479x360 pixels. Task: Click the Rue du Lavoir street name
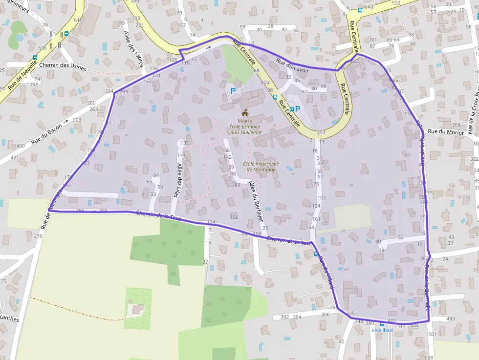click(292, 66)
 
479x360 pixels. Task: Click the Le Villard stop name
click(382, 330)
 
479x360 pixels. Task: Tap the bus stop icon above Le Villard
click(382, 324)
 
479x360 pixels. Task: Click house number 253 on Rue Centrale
click(321, 133)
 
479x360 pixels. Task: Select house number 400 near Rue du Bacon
click(21, 146)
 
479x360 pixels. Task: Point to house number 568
click(429, 357)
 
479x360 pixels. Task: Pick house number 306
click(325, 315)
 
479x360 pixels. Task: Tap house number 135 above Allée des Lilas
click(184, 143)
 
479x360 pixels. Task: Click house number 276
click(38, 236)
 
